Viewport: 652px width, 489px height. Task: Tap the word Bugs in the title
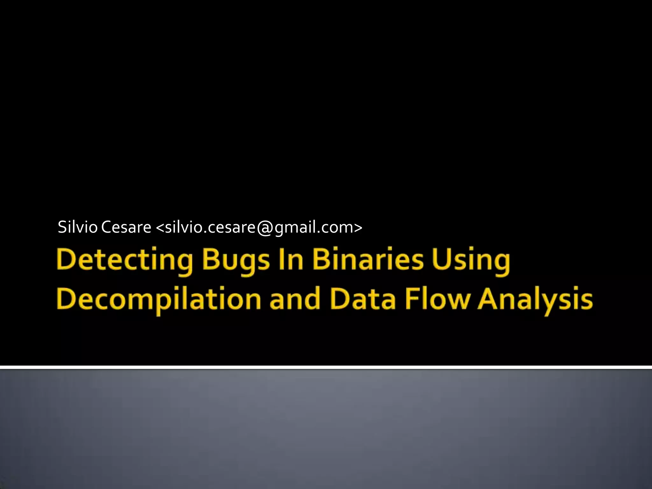[236, 261]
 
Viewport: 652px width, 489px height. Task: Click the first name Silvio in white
[77, 227]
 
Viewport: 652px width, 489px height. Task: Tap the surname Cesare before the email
[126, 227]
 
